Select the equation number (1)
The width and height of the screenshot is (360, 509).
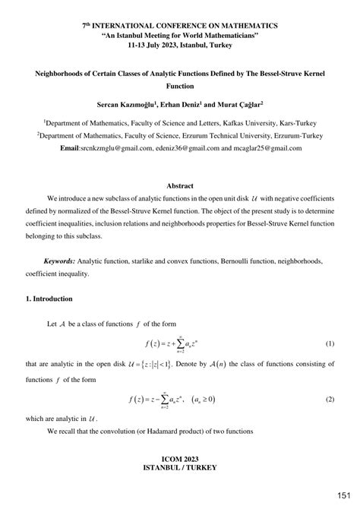click(x=330, y=343)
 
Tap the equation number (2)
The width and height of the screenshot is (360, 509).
click(x=330, y=398)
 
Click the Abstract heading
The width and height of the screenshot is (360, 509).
click(x=180, y=185)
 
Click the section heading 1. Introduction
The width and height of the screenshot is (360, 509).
click(x=49, y=299)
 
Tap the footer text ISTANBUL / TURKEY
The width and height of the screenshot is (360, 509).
click(x=179, y=469)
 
